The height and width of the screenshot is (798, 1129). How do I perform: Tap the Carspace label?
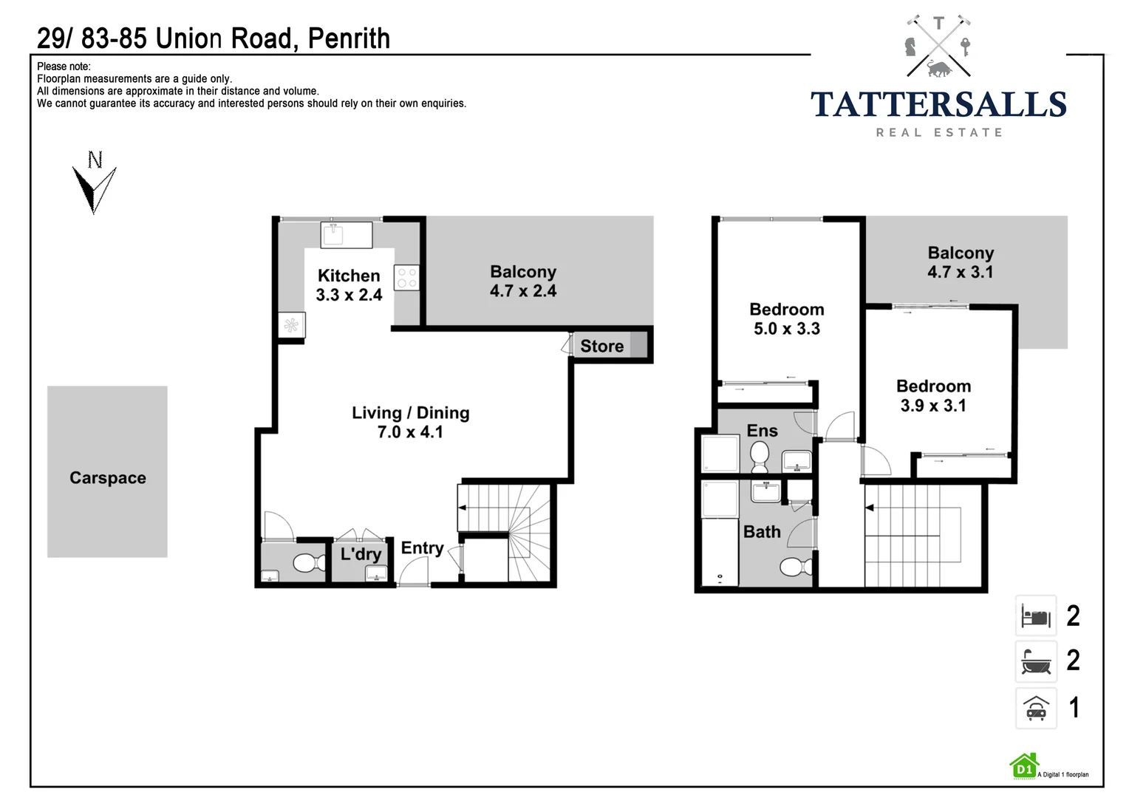point(108,478)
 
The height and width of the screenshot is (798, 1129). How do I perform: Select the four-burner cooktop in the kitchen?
point(406,278)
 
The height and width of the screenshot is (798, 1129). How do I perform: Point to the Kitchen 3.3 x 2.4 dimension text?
point(349,295)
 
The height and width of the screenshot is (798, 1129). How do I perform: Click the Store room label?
point(601,346)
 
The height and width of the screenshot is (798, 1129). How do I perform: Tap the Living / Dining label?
point(410,413)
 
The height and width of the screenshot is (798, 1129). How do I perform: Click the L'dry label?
point(361,554)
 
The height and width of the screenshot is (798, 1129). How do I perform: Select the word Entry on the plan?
point(422,548)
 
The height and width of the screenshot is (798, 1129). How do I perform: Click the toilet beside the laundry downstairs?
point(309,563)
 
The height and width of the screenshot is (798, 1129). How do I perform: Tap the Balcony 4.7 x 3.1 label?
point(961,262)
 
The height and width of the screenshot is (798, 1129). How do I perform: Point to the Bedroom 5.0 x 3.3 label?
point(786,319)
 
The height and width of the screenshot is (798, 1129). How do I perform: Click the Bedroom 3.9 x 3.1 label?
point(933,395)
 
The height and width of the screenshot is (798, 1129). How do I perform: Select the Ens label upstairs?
point(762,431)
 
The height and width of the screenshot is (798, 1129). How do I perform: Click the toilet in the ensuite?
point(759,457)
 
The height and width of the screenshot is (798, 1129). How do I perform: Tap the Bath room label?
point(762,532)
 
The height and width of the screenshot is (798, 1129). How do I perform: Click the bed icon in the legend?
point(1036,615)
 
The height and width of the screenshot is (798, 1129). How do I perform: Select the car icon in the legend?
point(1036,708)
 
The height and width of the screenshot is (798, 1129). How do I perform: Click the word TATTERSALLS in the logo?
point(938,105)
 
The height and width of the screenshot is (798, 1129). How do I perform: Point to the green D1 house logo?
point(1024,766)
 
